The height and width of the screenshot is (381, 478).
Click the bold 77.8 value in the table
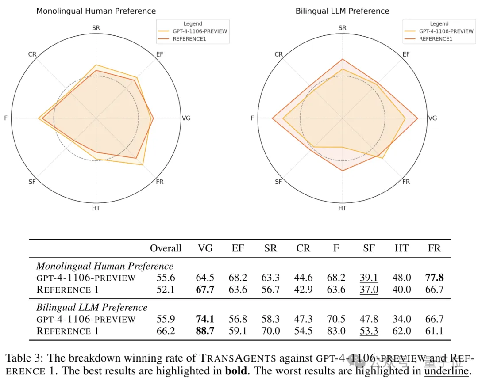[x=435, y=278]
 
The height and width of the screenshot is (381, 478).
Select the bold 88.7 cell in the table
[x=205, y=331]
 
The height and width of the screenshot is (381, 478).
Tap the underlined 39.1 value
[x=369, y=278]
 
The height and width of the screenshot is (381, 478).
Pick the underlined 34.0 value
[x=402, y=319]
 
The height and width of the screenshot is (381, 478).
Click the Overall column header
[x=166, y=248]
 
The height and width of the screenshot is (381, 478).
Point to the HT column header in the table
[x=402, y=248]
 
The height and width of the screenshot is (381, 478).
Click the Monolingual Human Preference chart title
[x=96, y=11]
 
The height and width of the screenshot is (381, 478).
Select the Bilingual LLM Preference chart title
[x=342, y=11]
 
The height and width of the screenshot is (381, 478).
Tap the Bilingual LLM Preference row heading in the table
[x=92, y=307]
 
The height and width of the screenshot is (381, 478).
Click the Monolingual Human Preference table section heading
[x=105, y=266]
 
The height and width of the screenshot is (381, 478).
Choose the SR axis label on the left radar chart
[x=96, y=28]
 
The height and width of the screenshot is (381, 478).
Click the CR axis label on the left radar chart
[x=32, y=54]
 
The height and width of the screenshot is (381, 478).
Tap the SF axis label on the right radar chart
[x=278, y=182]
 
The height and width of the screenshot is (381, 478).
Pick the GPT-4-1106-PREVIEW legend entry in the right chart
[x=446, y=31]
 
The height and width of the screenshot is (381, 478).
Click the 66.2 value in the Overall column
[x=166, y=331]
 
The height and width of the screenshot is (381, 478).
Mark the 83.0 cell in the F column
[x=336, y=331]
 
